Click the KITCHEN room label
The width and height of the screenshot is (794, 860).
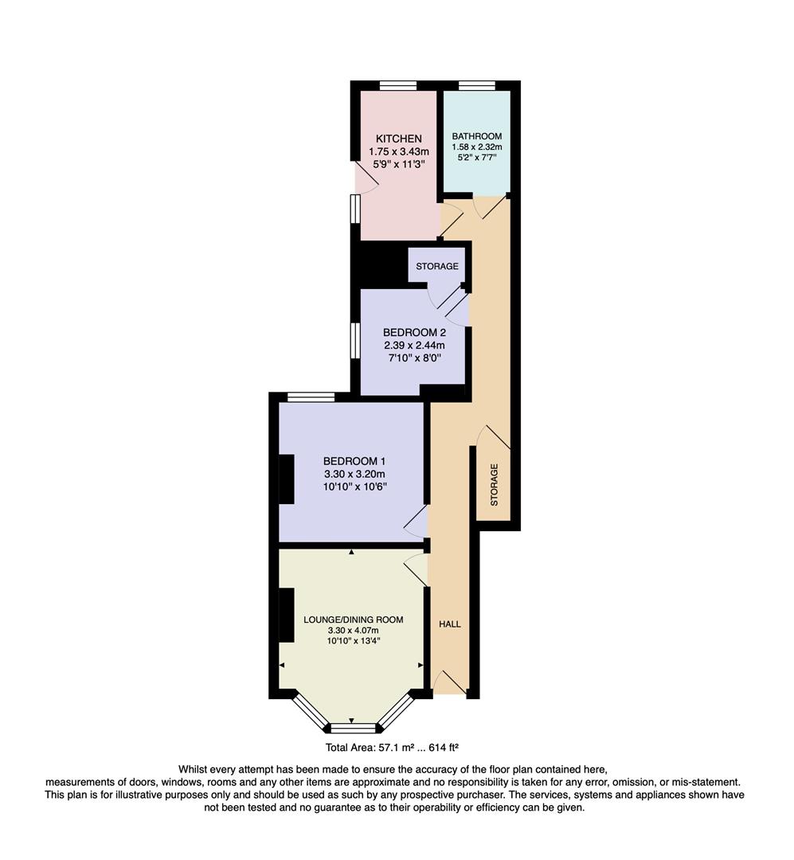[398, 139]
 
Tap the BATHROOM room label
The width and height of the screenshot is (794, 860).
[476, 136]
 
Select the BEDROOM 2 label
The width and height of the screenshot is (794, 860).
[413, 332]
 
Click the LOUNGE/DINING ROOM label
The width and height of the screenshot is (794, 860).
[353, 620]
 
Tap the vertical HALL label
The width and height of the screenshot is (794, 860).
[450, 624]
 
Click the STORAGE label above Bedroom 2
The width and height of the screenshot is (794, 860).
[437, 266]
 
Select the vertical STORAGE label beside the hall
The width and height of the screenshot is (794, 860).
[494, 485]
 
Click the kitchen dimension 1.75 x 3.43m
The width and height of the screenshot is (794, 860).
[398, 151]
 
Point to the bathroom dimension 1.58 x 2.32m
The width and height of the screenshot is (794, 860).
[476, 147]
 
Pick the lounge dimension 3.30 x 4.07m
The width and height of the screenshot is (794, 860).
[353, 631]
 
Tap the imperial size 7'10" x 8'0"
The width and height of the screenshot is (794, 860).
[413, 358]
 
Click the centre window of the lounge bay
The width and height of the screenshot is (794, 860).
[352, 727]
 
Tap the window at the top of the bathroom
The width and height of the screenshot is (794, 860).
[476, 85]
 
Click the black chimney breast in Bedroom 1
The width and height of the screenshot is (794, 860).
[286, 479]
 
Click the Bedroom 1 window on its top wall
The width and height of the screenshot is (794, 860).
[311, 397]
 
